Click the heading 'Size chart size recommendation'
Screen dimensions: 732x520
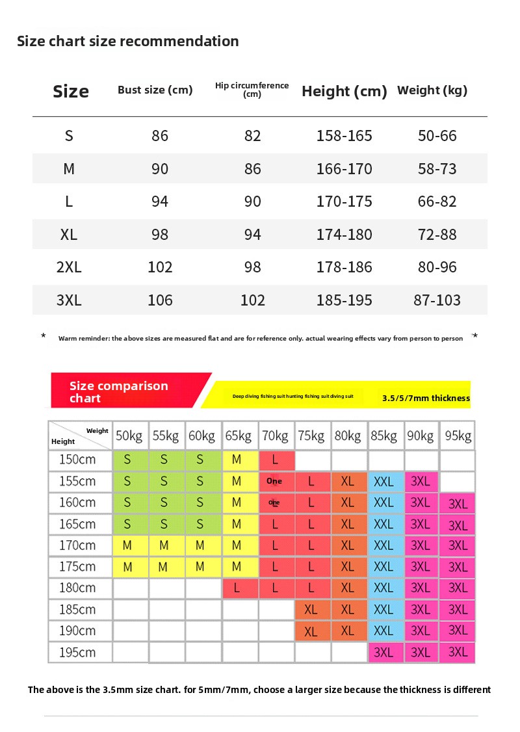pos(127,42)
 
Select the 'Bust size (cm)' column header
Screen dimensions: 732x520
pos(155,90)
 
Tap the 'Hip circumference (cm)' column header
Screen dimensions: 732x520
pos(252,90)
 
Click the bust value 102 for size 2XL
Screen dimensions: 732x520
pos(160,267)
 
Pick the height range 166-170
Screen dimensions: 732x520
pos(344,169)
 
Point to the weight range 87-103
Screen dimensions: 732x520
pos(437,300)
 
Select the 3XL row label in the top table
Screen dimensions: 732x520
pos(69,300)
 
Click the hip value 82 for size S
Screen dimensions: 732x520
pos(252,136)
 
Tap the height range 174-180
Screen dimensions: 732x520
pos(344,235)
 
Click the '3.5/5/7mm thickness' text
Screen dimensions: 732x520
pos(426,398)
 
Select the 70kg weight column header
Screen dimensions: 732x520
pos(275,436)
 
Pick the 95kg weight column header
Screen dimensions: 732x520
pos(458,436)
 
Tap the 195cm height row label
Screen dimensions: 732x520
pos(77,652)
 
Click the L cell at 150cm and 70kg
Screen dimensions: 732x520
pos(275,460)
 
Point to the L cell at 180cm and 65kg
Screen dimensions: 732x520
pos(237,588)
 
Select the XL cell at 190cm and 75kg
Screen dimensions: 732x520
pos(311,631)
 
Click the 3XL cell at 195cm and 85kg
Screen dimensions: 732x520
pos(384,653)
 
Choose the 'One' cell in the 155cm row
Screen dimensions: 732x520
pos(275,482)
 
